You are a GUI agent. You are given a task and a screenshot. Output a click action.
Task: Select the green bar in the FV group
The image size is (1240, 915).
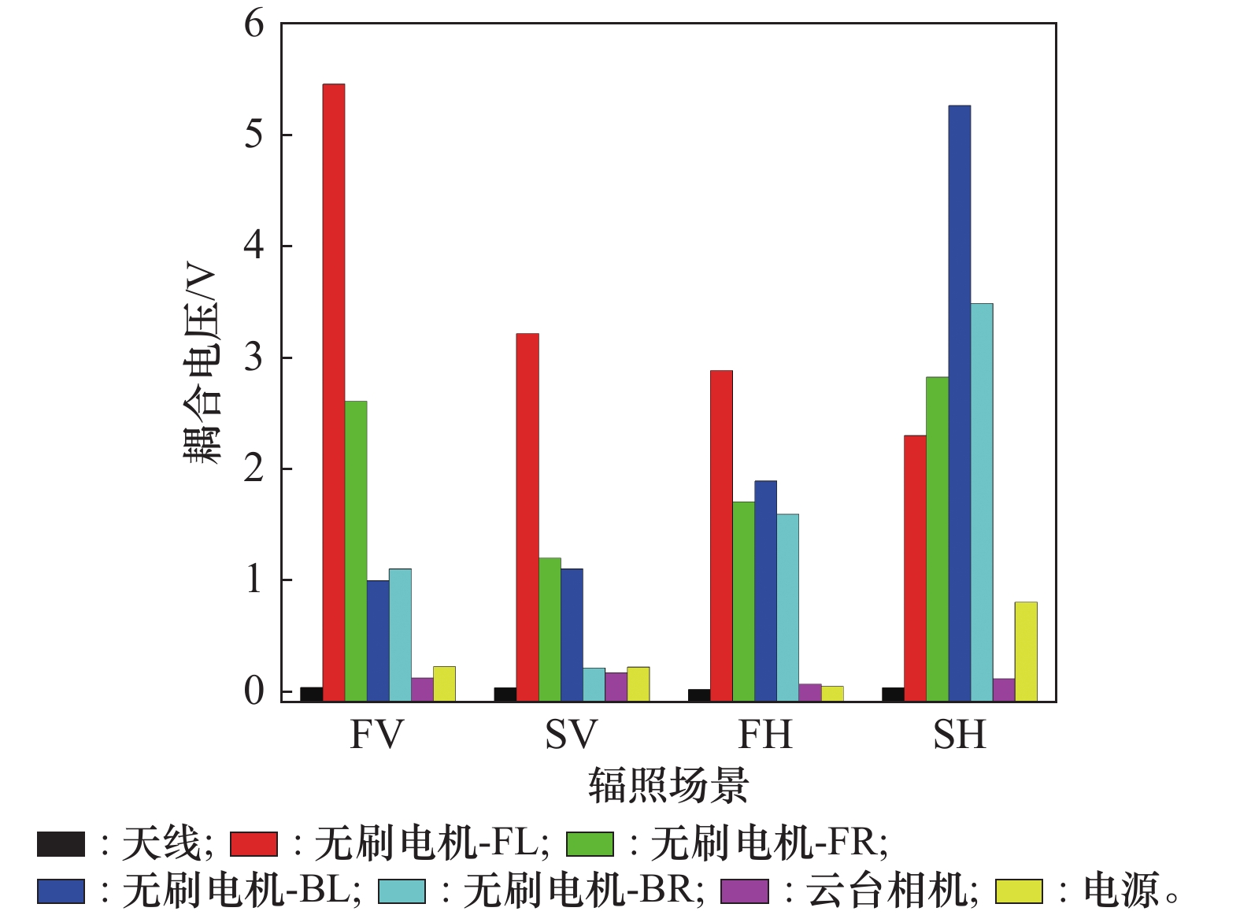click(356, 551)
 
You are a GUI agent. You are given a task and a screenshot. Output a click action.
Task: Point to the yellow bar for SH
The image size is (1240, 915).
click(1025, 651)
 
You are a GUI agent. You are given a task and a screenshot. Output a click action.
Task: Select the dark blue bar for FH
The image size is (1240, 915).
click(765, 591)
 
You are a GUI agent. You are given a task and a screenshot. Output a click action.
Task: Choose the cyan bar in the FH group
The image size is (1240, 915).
click(787, 607)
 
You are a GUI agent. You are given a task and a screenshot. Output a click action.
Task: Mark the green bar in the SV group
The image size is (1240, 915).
click(550, 629)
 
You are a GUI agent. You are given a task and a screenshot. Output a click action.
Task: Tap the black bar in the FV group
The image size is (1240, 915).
click(311, 694)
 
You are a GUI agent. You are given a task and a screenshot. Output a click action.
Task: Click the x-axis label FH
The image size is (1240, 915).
click(764, 735)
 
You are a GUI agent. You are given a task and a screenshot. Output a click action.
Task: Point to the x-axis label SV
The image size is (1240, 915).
click(571, 735)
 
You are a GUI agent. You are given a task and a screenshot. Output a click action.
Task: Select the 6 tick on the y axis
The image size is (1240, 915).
click(254, 24)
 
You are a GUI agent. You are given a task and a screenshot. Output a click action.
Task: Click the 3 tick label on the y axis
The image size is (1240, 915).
click(254, 357)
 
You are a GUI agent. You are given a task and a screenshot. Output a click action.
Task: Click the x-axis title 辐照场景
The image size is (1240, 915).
click(668, 786)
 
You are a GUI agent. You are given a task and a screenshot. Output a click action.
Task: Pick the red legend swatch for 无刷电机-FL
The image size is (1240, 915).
click(254, 844)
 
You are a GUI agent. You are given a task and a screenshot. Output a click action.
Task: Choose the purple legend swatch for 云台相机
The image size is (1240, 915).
click(745, 891)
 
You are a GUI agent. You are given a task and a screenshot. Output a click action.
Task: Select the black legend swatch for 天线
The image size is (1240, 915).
click(61, 844)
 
